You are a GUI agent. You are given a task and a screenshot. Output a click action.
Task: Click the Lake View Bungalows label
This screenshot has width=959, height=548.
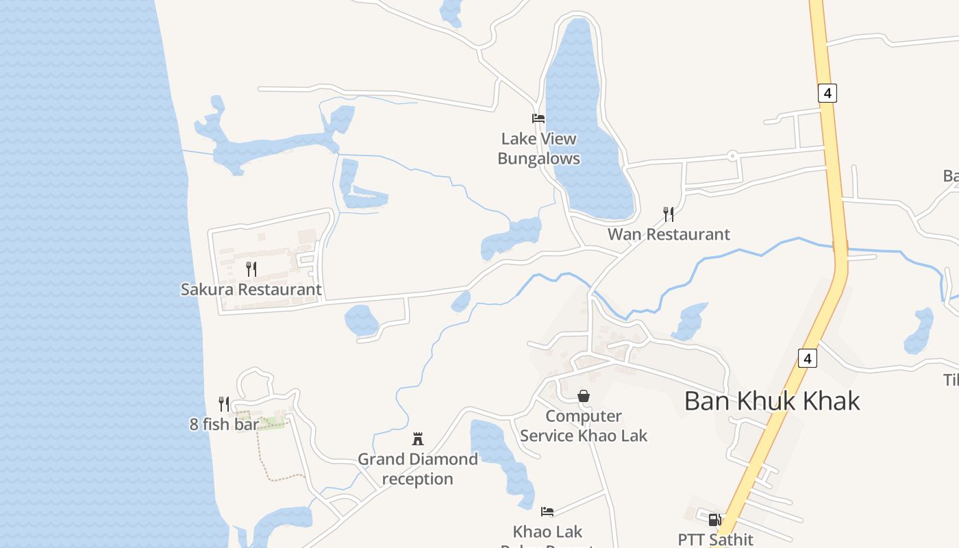pyautogui.click(x=538, y=149)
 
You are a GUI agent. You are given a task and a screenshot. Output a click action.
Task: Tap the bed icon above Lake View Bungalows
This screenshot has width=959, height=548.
pyautogui.click(x=538, y=119)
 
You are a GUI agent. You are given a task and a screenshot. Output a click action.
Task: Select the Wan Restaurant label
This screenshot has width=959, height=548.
pyautogui.click(x=669, y=234)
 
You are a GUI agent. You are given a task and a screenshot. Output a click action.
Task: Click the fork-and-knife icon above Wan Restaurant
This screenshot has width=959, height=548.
pyautogui.click(x=669, y=214)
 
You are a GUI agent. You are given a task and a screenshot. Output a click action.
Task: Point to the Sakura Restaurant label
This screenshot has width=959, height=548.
pyautogui.click(x=251, y=289)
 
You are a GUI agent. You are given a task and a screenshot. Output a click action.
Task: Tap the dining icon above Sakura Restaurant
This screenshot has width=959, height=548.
pyautogui.click(x=251, y=269)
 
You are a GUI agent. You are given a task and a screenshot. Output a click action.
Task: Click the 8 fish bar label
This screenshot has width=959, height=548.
pyautogui.click(x=225, y=424)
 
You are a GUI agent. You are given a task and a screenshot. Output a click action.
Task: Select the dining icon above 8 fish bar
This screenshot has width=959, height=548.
pyautogui.click(x=223, y=403)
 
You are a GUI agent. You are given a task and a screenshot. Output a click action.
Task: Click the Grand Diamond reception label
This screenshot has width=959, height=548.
pyautogui.click(x=418, y=469)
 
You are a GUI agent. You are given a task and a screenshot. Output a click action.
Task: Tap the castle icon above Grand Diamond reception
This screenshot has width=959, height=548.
pyautogui.click(x=418, y=438)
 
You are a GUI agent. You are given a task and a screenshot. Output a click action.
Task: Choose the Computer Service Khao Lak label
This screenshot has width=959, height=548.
pyautogui.click(x=584, y=425)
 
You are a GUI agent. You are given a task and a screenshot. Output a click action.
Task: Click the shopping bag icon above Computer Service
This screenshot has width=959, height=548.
pyautogui.click(x=584, y=396)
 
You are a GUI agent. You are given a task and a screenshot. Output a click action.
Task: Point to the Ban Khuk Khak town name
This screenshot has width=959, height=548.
pyautogui.click(x=772, y=401)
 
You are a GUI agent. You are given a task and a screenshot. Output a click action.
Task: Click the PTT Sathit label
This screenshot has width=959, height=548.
pyautogui.click(x=715, y=540)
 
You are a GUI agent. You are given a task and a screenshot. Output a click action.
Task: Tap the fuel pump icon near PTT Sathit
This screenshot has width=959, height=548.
pyautogui.click(x=714, y=520)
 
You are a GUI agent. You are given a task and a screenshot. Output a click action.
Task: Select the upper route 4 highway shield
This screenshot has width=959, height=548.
pyautogui.click(x=827, y=92)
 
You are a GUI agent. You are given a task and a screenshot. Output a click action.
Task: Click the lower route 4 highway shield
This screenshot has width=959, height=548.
pyautogui.click(x=808, y=358)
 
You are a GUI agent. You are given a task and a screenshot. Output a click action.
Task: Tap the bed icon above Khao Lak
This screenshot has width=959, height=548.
pyautogui.click(x=547, y=511)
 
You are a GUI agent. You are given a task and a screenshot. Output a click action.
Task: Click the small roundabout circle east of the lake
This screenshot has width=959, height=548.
pyautogui.click(x=732, y=156)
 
